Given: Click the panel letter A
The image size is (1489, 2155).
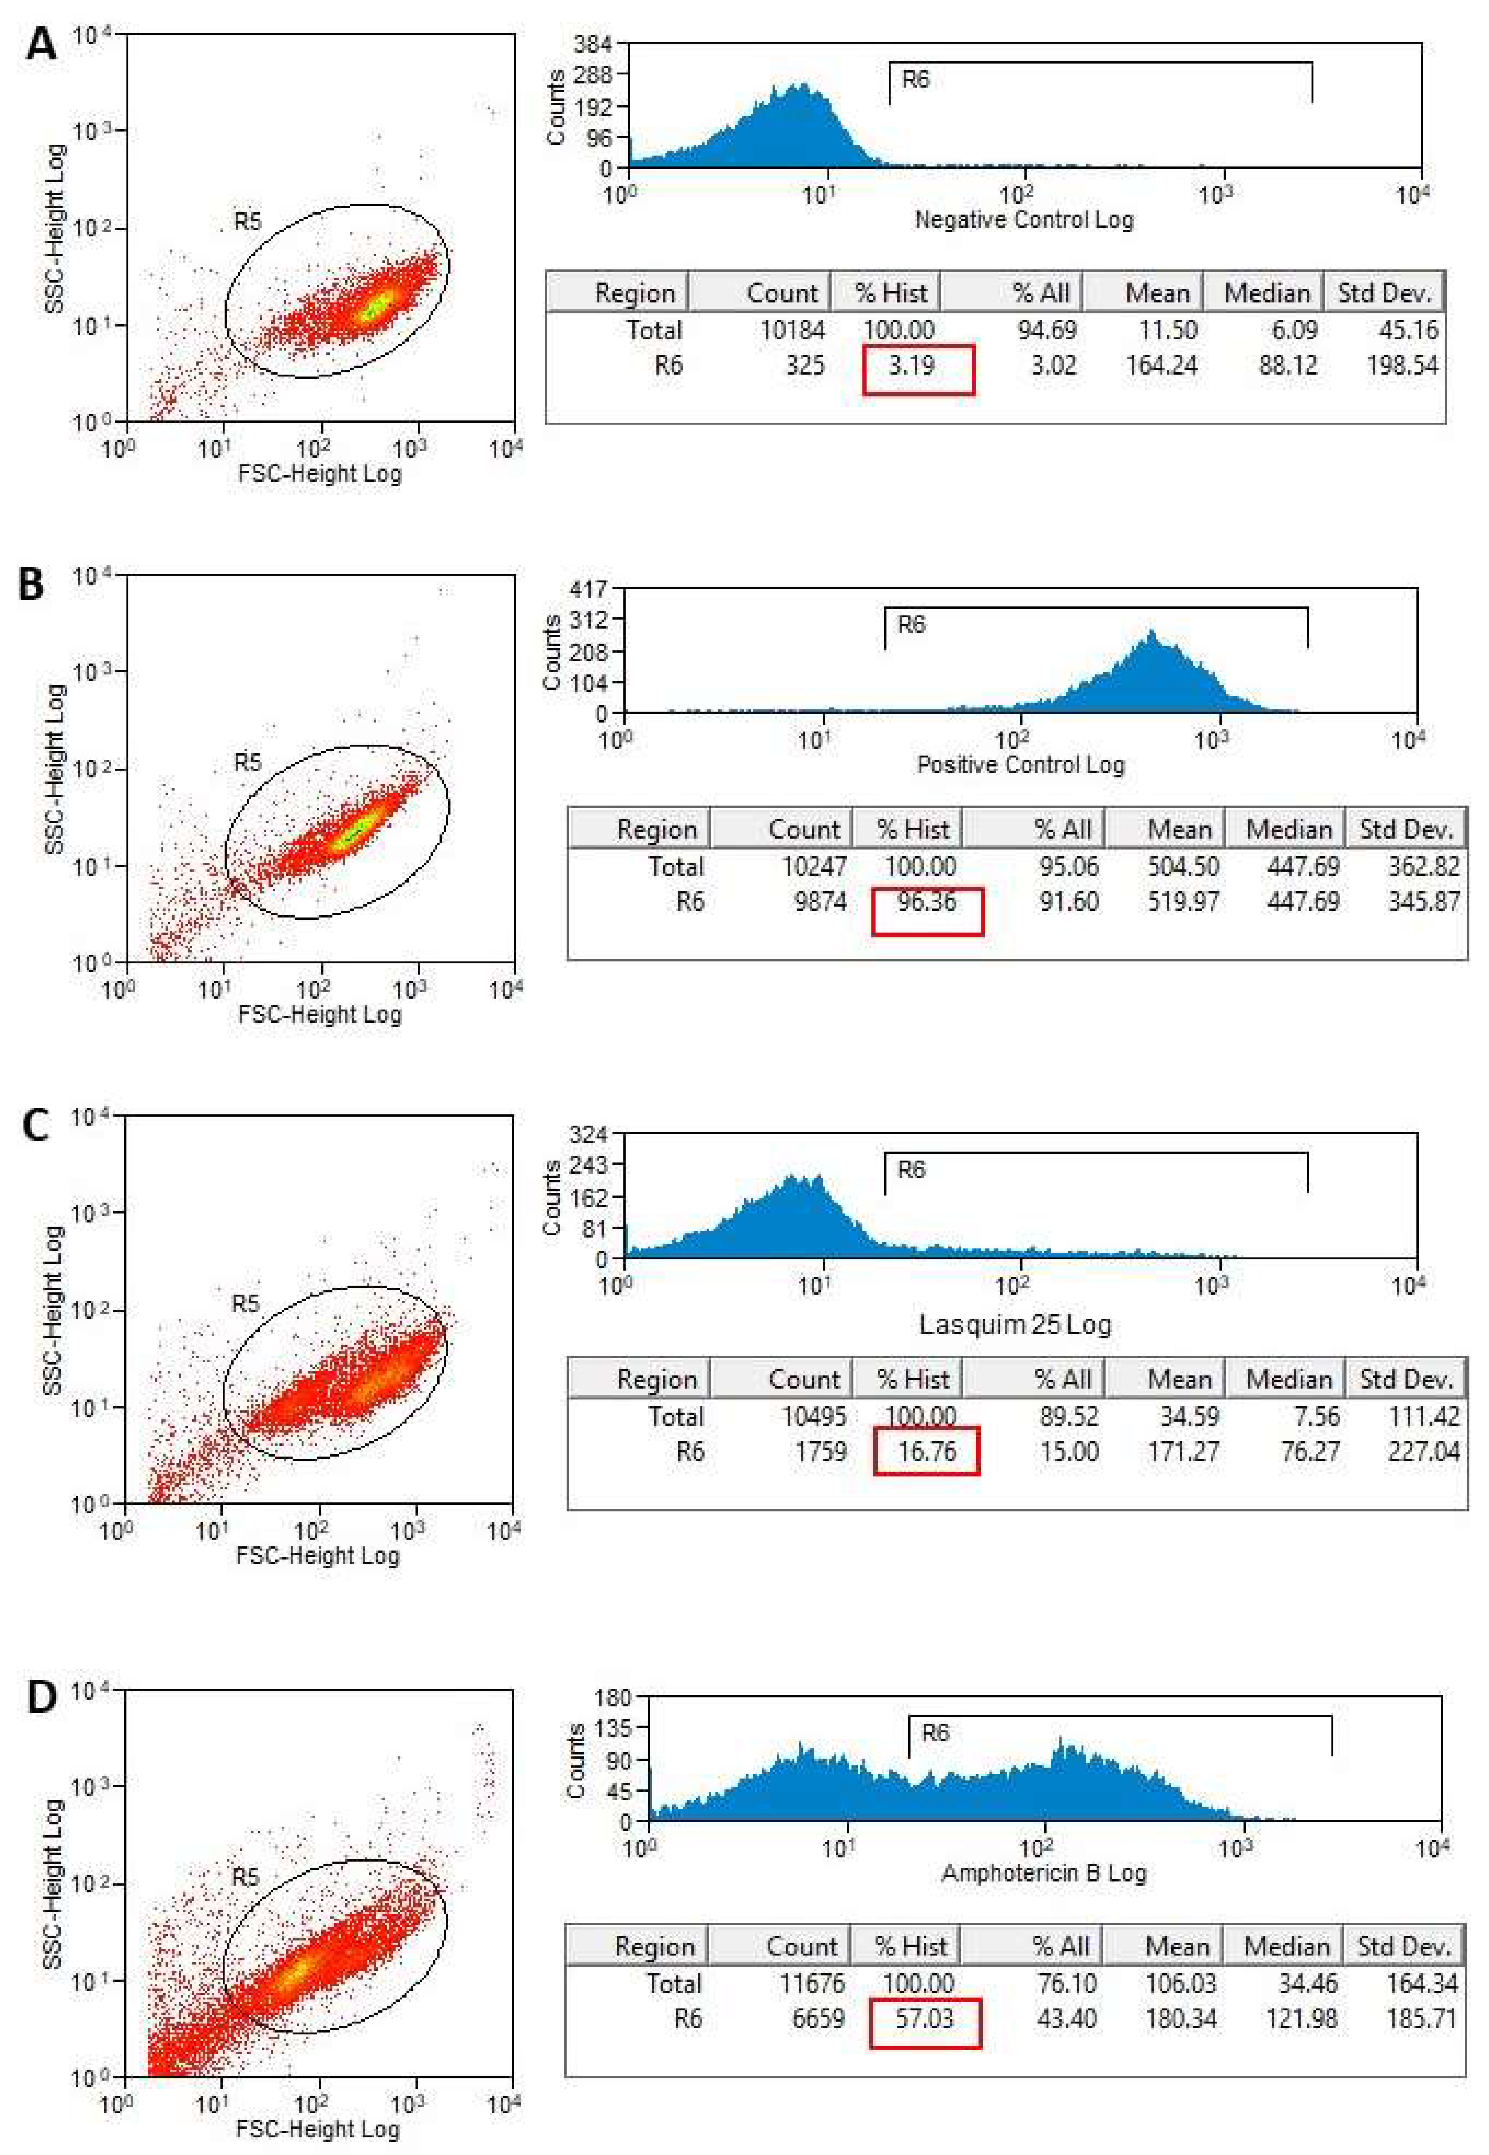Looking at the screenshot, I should click(x=40, y=44).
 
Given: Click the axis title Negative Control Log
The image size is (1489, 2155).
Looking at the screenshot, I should click(x=1023, y=220).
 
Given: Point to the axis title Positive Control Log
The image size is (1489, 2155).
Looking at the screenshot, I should click(x=1021, y=765).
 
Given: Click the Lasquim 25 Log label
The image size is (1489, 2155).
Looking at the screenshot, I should click(x=1015, y=1325).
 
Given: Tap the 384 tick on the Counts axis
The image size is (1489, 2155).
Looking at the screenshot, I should click(x=593, y=44).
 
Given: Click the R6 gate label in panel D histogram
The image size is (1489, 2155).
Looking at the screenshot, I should click(x=935, y=1732).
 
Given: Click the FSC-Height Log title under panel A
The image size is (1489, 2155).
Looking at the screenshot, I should click(x=320, y=473).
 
